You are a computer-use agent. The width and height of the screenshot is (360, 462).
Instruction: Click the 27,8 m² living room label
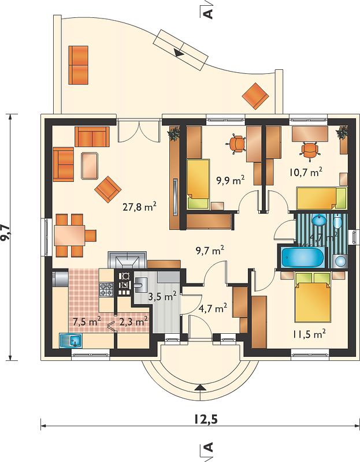[139, 207]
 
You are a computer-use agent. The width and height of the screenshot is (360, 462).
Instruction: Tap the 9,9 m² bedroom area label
[231, 180]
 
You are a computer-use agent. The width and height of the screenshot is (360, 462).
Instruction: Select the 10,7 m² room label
[306, 172]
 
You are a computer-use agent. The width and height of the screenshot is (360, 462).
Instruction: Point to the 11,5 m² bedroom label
[309, 334]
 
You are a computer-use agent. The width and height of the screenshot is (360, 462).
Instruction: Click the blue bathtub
[302, 257]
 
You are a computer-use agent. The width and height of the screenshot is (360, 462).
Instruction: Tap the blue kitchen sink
[71, 341]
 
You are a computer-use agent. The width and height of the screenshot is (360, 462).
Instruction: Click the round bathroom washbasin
[319, 219]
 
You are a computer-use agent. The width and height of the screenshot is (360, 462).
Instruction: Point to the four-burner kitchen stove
[106, 289]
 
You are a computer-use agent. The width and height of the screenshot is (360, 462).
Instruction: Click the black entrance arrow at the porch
[200, 388]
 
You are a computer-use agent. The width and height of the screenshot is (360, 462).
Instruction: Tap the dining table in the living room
[69, 235]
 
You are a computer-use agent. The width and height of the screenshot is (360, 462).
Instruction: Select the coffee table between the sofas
[90, 166]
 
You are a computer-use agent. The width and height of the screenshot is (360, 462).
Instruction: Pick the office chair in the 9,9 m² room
[236, 144]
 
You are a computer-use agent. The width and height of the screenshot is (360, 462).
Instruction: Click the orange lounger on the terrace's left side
[79, 65]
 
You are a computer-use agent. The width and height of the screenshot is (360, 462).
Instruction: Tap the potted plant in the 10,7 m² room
[342, 133]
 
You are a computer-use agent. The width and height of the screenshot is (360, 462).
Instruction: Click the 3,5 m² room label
[162, 296]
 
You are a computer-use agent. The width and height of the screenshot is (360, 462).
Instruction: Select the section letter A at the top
[208, 14]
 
